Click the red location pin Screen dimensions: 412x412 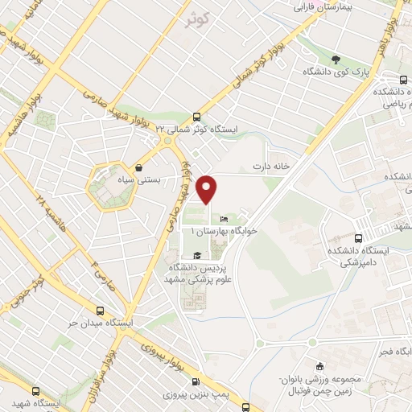208,189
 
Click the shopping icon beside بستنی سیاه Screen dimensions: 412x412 141,169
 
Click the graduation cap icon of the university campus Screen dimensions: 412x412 198,255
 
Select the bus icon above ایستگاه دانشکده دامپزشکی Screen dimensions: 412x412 358,238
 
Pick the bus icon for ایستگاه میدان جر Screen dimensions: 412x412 101,311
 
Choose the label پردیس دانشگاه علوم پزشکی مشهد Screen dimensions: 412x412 198,273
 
